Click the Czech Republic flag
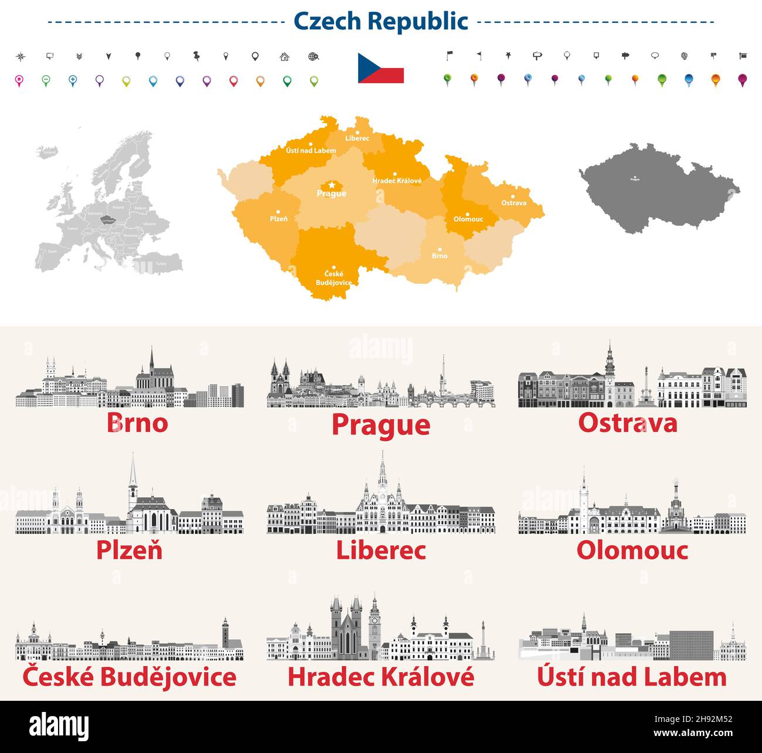380,68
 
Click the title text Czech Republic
380,21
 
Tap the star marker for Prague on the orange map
332,185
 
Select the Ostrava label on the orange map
513,203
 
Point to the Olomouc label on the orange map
468,219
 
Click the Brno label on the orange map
440,256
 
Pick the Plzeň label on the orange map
278,219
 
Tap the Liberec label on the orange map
357,138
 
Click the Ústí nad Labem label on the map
311,151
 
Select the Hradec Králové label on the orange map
397,181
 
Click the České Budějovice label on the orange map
334,278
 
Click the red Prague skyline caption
380,425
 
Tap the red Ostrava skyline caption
627,423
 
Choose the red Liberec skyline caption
380,550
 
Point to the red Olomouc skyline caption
632,550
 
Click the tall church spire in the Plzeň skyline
133,478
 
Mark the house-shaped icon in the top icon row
284,57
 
